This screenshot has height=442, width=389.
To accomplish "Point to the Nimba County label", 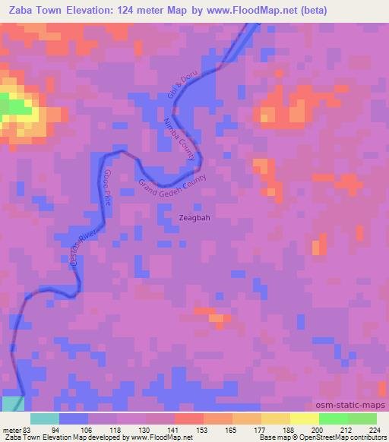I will pos(180,139).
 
